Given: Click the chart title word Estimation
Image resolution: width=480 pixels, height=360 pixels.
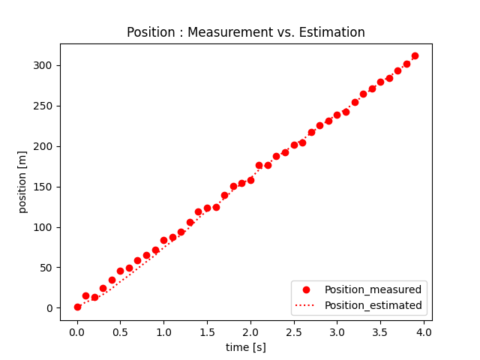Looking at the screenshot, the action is pos(331,32).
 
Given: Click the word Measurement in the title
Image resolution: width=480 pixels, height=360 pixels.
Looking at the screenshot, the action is pos(230,32).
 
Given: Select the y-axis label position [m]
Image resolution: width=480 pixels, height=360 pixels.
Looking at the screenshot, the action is pos(22,182).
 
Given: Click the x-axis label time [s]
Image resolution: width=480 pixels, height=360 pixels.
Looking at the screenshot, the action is pos(246,347).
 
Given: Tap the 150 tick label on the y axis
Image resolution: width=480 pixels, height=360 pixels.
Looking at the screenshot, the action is pos(43,187).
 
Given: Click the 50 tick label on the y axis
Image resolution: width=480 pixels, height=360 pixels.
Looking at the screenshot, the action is pos(46,268).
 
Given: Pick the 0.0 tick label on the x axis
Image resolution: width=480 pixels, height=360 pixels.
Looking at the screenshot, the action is pos(77,332).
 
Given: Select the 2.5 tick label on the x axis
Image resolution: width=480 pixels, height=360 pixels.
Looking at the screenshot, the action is pos(294,332).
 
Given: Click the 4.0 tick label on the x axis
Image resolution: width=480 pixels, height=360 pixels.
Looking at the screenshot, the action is pos(424,332).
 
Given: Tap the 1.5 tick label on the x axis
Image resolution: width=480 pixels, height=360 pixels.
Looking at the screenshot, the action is pos(207,332).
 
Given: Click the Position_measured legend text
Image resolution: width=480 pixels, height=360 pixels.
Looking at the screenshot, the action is pos(373,289).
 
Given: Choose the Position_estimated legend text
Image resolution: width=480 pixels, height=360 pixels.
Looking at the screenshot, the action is pos(373,305).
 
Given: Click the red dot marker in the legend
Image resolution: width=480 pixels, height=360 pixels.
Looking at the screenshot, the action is pos(306,290).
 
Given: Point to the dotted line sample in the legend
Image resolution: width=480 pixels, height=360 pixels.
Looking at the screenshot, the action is pos(305,305).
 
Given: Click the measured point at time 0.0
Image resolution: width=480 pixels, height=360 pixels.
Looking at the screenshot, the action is pos(77,307).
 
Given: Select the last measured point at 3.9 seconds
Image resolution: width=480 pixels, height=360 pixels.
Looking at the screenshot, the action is pos(415,55).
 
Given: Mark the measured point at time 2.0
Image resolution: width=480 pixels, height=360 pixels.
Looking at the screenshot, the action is pos(250,180).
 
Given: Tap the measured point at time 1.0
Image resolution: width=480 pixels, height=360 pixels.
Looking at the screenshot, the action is pos(163,240).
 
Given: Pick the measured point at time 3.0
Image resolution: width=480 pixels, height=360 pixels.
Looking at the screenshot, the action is pos(337,115).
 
